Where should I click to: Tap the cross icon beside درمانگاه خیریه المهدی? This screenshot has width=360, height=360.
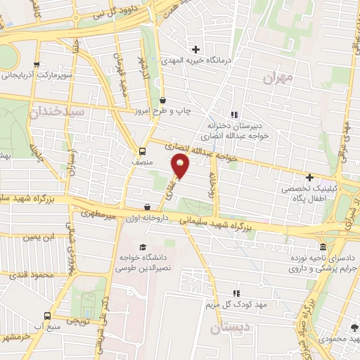coord(195,49)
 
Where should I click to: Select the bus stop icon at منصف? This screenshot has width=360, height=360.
coord(143,150)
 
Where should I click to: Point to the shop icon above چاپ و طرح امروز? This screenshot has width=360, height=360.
coord(163,100)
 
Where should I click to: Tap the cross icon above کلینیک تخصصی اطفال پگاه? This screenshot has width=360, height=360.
coord(309,178)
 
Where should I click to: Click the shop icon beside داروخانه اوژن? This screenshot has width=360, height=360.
coord(147,207)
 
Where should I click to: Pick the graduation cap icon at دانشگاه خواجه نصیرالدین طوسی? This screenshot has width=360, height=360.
coord(143,247)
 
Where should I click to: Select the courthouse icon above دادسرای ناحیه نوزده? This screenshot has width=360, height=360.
coord(323,247)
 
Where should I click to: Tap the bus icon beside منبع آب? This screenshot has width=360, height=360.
coord(46,316)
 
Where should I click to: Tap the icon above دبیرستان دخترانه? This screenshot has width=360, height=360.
coord(234,114)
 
